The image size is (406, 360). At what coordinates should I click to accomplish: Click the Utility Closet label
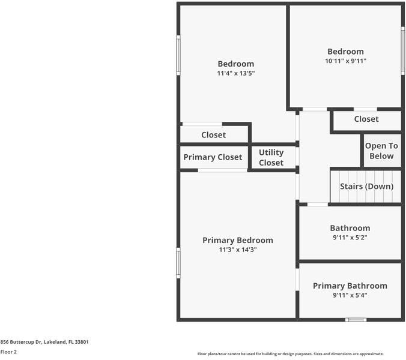271,157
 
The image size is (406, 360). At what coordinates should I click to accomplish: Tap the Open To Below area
382,151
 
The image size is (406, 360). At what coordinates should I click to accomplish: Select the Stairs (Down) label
366,187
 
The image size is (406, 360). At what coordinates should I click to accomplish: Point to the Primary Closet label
213,157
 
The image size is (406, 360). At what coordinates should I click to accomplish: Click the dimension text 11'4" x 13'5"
236,73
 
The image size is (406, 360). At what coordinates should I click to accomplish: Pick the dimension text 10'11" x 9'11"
346,61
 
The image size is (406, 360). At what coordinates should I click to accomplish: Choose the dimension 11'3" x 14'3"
238,250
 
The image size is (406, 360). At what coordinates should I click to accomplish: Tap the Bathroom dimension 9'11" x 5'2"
350,238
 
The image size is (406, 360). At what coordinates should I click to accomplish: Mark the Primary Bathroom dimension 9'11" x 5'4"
350,295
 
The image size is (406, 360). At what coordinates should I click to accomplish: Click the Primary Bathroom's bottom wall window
356,320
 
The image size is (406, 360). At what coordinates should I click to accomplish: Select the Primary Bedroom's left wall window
178,263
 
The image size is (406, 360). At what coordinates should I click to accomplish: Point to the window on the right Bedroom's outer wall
403,50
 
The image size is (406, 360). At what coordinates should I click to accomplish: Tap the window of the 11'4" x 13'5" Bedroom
178,55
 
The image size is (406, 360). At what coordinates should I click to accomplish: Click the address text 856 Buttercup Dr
21,342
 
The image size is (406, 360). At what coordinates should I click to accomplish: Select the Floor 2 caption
8,352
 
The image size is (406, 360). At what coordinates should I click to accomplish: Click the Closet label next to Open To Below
366,119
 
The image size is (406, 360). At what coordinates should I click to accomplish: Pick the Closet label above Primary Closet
214,135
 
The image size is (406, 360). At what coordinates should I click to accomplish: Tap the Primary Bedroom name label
238,240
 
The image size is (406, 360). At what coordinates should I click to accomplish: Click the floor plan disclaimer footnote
291,354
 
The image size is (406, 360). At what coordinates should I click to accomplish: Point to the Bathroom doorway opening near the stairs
318,205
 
